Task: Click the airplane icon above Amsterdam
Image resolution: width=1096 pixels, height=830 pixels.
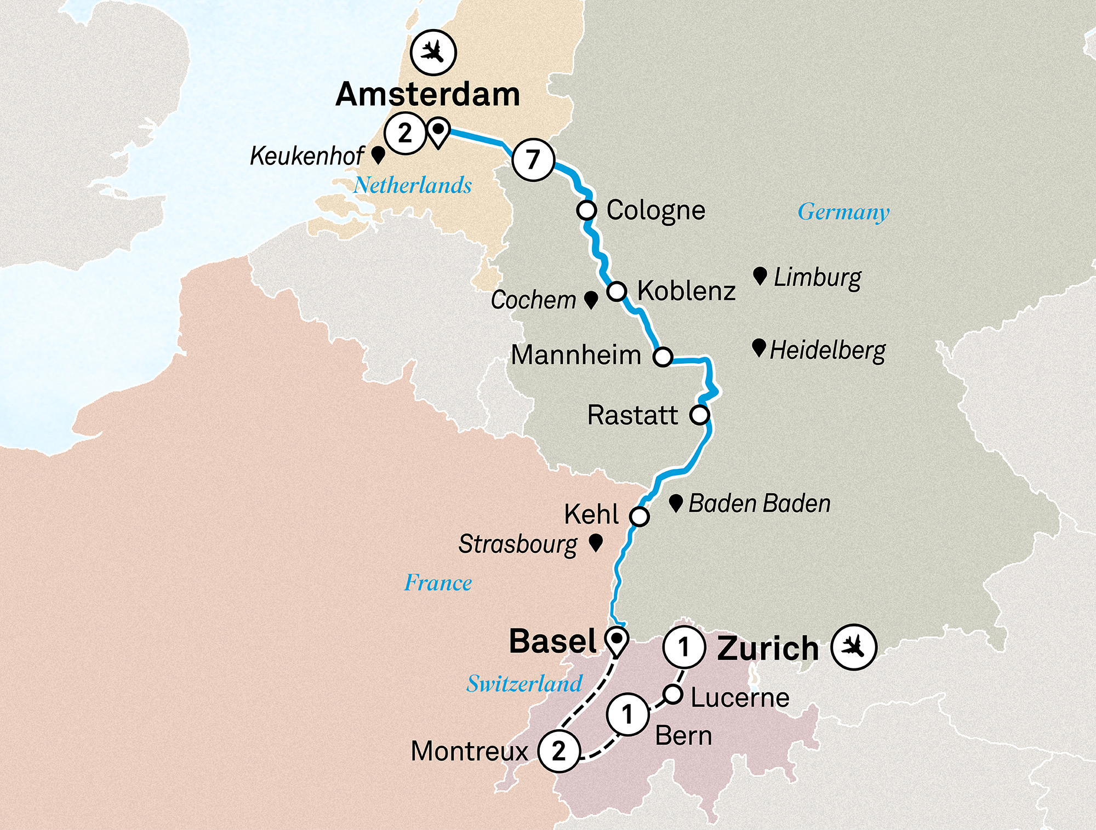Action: pyautogui.click(x=433, y=53)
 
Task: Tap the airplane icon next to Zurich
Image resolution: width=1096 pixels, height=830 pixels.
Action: pyautogui.click(x=853, y=647)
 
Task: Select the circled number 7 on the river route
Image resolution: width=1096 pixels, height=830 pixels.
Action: pyautogui.click(x=533, y=159)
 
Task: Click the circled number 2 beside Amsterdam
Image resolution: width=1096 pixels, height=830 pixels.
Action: pyautogui.click(x=405, y=133)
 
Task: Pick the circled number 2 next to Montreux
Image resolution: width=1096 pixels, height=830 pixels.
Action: pyautogui.click(x=558, y=751)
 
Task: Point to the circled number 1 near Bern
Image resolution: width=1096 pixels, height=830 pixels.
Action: pyautogui.click(x=627, y=714)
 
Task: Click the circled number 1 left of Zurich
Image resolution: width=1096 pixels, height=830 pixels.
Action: pyautogui.click(x=683, y=647)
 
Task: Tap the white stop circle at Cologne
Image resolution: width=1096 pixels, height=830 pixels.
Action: pyautogui.click(x=586, y=210)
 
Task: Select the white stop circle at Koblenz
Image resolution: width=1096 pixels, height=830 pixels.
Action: pyautogui.click(x=616, y=291)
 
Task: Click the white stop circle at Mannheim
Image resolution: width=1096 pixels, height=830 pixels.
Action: pyautogui.click(x=663, y=357)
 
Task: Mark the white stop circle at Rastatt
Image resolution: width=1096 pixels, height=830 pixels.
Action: pyautogui.click(x=699, y=415)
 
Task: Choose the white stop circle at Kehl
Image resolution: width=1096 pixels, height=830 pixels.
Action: pyautogui.click(x=639, y=516)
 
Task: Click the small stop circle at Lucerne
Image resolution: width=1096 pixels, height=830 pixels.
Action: pyautogui.click(x=673, y=694)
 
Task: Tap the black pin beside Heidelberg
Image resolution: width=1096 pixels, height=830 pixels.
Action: pyautogui.click(x=758, y=347)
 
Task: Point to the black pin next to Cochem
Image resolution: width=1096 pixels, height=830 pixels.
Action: pyautogui.click(x=591, y=299)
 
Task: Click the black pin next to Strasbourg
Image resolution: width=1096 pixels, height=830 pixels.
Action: pyautogui.click(x=596, y=542)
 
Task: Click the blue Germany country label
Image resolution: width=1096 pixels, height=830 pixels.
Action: pyautogui.click(x=843, y=212)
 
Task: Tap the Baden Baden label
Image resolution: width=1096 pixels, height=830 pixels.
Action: pyautogui.click(x=759, y=503)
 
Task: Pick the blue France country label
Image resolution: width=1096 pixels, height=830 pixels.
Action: pyautogui.click(x=438, y=582)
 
